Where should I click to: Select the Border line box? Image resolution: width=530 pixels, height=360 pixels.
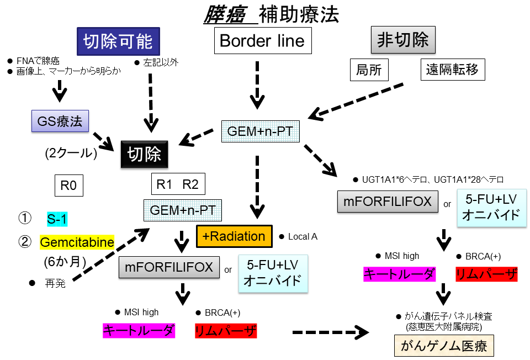[262, 41]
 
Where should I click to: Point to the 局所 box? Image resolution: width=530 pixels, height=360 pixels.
[369, 70]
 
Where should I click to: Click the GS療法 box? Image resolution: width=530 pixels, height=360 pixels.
[60, 121]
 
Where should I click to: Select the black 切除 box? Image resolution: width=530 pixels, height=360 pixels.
[144, 154]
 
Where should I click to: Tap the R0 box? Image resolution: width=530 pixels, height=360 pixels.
[68, 186]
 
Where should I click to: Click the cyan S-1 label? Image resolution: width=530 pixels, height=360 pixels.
[57, 219]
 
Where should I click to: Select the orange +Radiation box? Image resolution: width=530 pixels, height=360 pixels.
[234, 236]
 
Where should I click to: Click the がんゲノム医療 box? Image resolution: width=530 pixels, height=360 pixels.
[443, 347]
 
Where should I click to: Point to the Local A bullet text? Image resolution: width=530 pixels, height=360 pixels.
[303, 236]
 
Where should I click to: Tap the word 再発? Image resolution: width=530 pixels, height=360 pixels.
[55, 283]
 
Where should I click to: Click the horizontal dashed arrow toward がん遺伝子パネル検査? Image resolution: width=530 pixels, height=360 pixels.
[330, 332]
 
